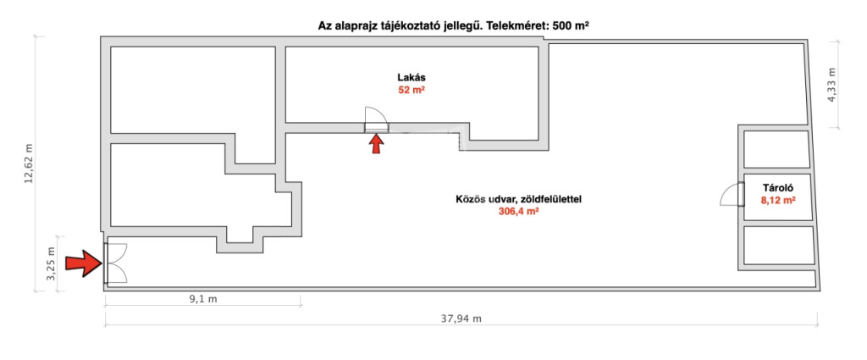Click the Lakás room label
pos(411,77)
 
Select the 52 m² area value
pos(411,90)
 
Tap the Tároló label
pos(778,187)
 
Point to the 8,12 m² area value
pos(778,201)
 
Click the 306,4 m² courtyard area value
pos(519,211)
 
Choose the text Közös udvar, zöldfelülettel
pos(519,198)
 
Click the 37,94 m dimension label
pos(461,318)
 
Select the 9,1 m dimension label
pos(202,299)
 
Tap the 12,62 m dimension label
pos(30,163)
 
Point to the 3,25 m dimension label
pos(51,263)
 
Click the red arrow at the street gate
pos(84,263)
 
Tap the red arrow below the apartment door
pos(376,145)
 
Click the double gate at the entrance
pos(115,263)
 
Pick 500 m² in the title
pos(571,25)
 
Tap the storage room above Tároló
pos(777,149)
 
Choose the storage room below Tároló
pos(779,245)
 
